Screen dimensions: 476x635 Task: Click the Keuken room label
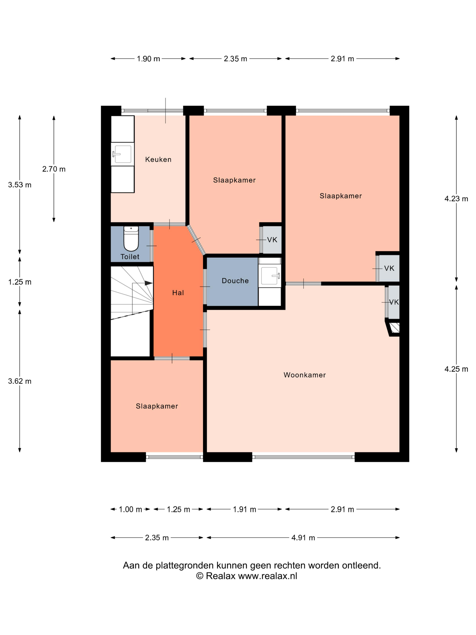click(x=158, y=159)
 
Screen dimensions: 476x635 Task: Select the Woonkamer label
click(x=304, y=375)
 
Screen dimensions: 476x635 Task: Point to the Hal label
click(x=178, y=293)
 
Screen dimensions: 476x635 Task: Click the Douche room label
click(x=235, y=281)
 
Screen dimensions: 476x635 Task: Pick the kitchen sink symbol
click(x=123, y=154)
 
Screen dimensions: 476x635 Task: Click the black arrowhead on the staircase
click(x=148, y=283)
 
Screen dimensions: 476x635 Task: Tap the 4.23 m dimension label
click(x=456, y=199)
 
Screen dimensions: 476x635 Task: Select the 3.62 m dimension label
click(x=20, y=381)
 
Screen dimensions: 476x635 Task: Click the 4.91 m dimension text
click(x=303, y=538)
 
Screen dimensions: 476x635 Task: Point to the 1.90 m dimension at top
click(x=148, y=59)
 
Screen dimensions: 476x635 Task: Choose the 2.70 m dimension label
click(x=54, y=169)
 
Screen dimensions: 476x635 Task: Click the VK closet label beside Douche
click(x=272, y=240)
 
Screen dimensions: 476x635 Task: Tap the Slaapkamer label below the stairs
click(x=157, y=406)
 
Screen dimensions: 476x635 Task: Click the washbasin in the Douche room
click(x=270, y=276)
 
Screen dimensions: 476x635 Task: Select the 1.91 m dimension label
click(x=244, y=510)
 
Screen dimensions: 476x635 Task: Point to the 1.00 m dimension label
click(x=130, y=510)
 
